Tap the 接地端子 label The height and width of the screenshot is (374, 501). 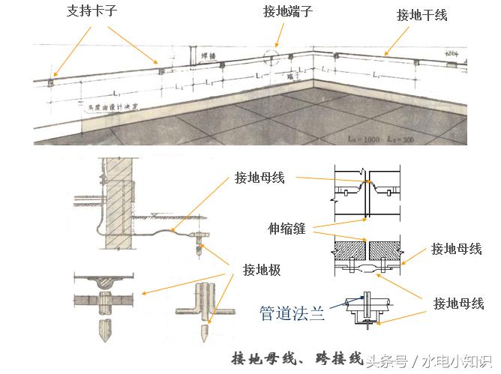pyautogui.click(x=286, y=12)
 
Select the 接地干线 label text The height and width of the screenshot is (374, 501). pyautogui.click(x=421, y=15)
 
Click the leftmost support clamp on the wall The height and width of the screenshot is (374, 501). pyautogui.click(x=50, y=80)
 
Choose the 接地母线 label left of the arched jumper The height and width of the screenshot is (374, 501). pyautogui.click(x=259, y=178)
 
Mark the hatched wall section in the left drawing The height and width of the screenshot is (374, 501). pyautogui.click(x=118, y=202)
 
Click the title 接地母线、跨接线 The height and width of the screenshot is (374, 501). pyautogui.click(x=297, y=358)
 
